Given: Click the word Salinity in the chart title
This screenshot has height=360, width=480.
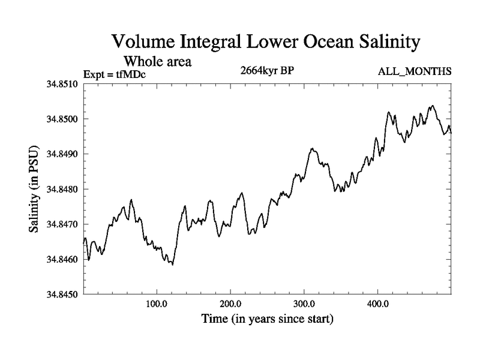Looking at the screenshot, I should point(382,43).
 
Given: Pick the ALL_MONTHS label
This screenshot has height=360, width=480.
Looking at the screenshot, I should point(415,72).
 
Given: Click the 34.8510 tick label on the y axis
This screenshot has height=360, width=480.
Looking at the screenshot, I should point(63,84).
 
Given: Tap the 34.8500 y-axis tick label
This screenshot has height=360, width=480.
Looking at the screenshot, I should point(63,119).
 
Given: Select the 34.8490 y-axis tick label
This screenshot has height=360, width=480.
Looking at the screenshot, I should point(63,154).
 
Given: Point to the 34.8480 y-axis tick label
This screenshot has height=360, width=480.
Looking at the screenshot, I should point(63,189).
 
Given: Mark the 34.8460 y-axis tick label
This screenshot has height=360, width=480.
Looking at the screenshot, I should point(63,259).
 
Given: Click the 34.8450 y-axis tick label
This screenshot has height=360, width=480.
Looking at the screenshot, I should point(63,295).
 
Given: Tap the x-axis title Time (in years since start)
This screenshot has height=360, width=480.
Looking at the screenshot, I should point(267,319).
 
